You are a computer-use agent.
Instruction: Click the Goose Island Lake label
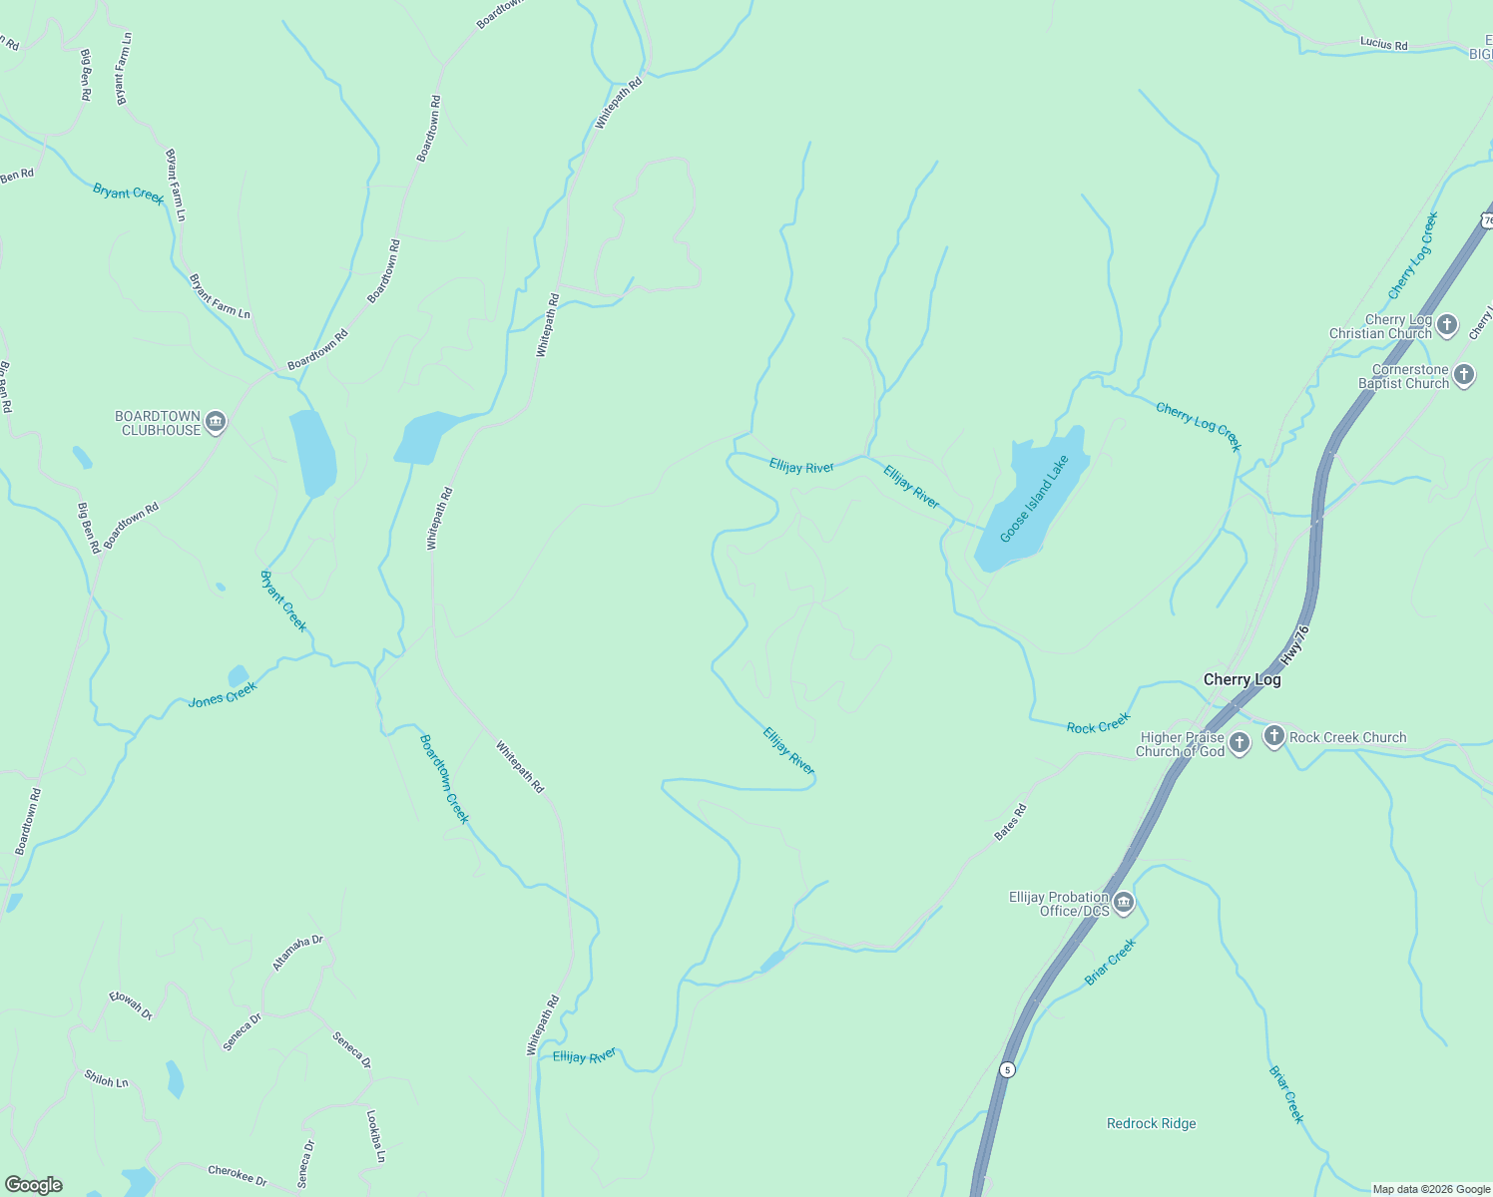pyautogui.click(x=1034, y=499)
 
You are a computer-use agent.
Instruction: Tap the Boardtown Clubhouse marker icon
pyautogui.click(x=215, y=423)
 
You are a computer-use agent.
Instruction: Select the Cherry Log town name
pyautogui.click(x=1242, y=679)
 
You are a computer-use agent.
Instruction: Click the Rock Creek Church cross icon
pyautogui.click(x=1273, y=737)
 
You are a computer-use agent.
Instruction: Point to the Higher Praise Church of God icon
pyautogui.click(x=1239, y=743)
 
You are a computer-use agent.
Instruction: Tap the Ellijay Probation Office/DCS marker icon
pyautogui.click(x=1124, y=904)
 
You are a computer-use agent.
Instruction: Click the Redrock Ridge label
pyautogui.click(x=1151, y=1123)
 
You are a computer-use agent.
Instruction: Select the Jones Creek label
pyautogui.click(x=223, y=694)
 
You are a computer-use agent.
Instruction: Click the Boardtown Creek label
pyautogui.click(x=444, y=779)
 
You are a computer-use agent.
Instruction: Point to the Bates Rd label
pyautogui.click(x=1010, y=823)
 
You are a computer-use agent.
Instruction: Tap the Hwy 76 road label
pyautogui.click(x=1294, y=646)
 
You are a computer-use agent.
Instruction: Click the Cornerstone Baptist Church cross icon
pyautogui.click(x=1463, y=376)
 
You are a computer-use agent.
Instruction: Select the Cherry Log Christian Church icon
pyautogui.click(x=1447, y=325)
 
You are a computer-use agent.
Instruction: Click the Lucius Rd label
pyautogui.click(x=1383, y=44)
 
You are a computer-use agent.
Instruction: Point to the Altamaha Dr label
pyautogui.click(x=297, y=954)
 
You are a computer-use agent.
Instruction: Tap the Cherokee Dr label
pyautogui.click(x=238, y=1175)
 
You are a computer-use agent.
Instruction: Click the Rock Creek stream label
pyautogui.click(x=1098, y=723)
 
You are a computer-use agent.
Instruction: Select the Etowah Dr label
pyautogui.click(x=131, y=1005)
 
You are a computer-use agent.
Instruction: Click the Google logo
pyautogui.click(x=34, y=1185)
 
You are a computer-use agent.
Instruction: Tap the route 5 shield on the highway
pyautogui.click(x=1007, y=1069)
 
